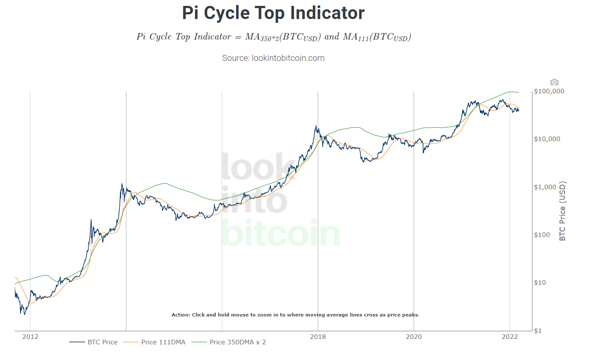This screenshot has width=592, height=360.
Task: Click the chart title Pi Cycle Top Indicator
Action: [x=273, y=13]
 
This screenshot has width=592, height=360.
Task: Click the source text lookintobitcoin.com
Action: [x=273, y=58]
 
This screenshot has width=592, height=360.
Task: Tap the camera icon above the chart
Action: [x=554, y=82]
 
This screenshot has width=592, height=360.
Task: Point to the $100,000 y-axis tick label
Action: [x=549, y=91]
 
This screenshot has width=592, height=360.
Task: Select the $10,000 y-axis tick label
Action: [x=547, y=139]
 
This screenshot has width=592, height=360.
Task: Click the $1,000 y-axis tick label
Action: [x=545, y=187]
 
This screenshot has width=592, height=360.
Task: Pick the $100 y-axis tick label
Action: [x=542, y=235]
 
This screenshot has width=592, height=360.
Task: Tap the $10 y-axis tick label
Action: [x=540, y=283]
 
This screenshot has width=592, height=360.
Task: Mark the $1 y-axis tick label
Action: [x=538, y=331]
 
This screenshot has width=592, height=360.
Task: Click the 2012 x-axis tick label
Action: [x=30, y=337]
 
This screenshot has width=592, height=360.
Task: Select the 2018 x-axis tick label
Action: [x=318, y=337]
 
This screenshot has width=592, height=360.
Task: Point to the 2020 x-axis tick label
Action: [x=414, y=337]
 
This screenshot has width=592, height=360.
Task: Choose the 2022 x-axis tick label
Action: [x=510, y=337]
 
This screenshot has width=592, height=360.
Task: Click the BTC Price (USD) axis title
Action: [x=562, y=211]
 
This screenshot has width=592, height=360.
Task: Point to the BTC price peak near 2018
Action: [x=316, y=125]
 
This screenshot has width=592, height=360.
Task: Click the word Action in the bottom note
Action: [x=181, y=315]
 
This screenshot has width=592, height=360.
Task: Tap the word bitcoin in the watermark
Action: [x=280, y=233]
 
